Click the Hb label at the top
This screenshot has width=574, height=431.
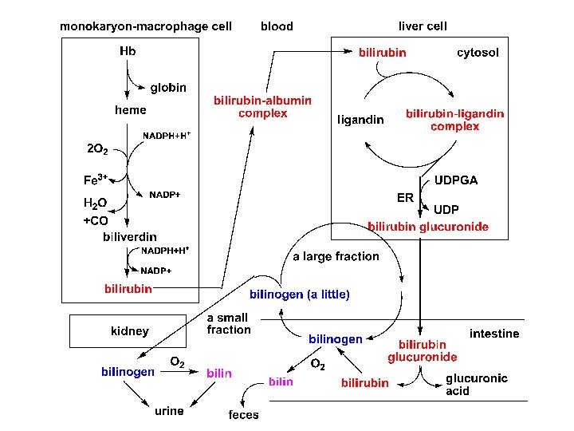point(128,52)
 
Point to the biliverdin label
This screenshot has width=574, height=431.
point(130,237)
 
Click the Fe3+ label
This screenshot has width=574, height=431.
point(96,180)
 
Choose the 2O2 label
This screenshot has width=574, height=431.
point(99,148)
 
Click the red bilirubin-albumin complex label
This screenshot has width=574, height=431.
point(262,107)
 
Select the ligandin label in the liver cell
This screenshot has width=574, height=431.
point(360,121)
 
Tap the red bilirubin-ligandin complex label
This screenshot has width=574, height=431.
point(454,120)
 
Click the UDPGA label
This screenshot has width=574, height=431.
point(456,180)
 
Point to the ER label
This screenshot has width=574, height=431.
point(405,196)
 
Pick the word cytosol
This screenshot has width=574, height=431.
point(478,53)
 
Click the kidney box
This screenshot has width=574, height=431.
point(129,330)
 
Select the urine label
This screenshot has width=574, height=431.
point(169,411)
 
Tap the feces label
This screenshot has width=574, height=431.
point(243,415)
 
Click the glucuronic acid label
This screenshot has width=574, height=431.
point(476,385)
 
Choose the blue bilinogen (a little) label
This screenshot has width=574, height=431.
point(300,295)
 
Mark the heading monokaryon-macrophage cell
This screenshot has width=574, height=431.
point(146,26)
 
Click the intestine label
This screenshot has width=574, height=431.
point(494,334)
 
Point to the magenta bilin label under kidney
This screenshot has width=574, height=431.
point(219,373)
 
